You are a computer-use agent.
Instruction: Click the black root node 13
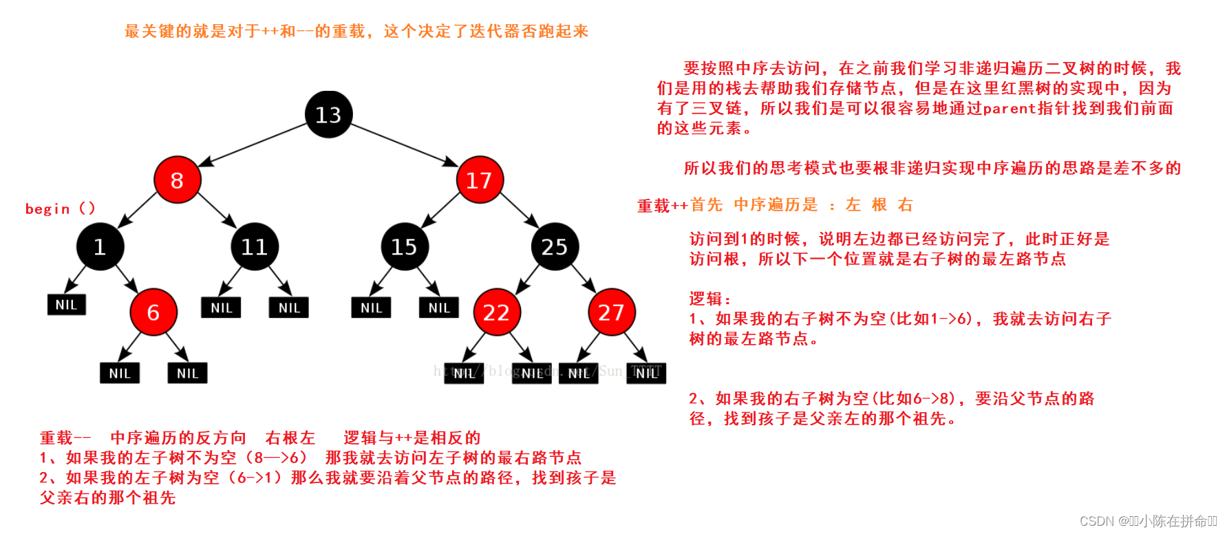click(x=328, y=114)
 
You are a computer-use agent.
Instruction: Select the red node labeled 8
click(x=177, y=180)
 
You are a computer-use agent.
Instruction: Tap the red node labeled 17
click(x=480, y=180)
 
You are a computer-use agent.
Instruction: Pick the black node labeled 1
click(x=100, y=246)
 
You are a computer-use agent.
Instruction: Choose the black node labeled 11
click(x=255, y=246)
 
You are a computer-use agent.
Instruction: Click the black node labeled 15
click(x=405, y=246)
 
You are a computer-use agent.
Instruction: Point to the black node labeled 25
click(x=555, y=246)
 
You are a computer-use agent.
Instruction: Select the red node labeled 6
click(x=153, y=312)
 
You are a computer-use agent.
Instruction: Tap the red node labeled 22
click(x=496, y=312)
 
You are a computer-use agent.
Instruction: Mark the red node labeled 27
click(x=611, y=312)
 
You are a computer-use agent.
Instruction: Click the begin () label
click(x=60, y=209)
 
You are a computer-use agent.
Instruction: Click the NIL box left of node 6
click(x=66, y=305)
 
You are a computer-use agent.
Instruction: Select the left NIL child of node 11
click(x=221, y=308)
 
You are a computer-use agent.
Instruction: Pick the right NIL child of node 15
click(x=439, y=308)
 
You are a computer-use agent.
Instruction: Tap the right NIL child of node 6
click(x=187, y=373)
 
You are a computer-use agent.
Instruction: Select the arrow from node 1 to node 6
click(x=127, y=278)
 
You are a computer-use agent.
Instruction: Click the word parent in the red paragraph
click(x=1009, y=108)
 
